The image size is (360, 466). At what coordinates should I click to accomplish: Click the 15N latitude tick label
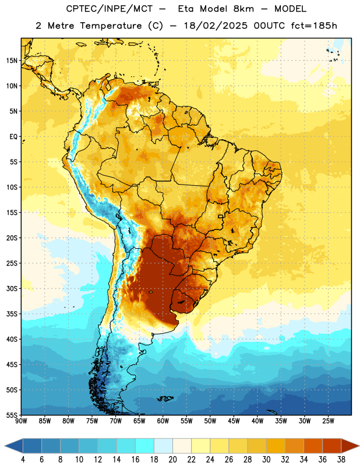pyautogui.click(x=12, y=61)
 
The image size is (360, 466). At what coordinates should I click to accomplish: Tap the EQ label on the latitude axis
pyautogui.click(x=13, y=137)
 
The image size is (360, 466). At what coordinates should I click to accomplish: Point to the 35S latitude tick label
pyautogui.click(x=12, y=314)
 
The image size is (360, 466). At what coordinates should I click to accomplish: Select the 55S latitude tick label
pyautogui.click(x=12, y=415)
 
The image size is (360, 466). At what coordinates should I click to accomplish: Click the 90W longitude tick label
pyautogui.click(x=21, y=421)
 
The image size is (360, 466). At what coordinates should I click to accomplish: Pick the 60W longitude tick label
pyautogui.click(x=163, y=421)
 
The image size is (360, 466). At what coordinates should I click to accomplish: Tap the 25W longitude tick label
pyautogui.click(x=328, y=421)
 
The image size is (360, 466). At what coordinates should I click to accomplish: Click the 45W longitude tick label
pyautogui.click(x=234, y=421)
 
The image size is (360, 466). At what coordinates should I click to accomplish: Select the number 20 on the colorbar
pyautogui.click(x=172, y=460)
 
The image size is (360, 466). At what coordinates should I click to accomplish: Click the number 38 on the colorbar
pyautogui.click(x=341, y=460)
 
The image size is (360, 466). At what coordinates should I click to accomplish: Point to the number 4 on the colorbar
pyautogui.click(x=23, y=460)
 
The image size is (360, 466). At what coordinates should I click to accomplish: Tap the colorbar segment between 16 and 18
pyautogui.click(x=145, y=446)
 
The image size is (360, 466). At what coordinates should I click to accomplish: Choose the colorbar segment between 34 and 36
pyautogui.click(x=313, y=446)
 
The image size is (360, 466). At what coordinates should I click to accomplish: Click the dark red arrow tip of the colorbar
pyautogui.click(x=358, y=446)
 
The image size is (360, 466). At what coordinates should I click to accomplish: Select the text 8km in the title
pyautogui.click(x=243, y=9)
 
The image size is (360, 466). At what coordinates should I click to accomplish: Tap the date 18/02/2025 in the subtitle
pyautogui.click(x=216, y=26)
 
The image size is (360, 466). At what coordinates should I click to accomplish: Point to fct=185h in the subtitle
pyautogui.click(x=314, y=26)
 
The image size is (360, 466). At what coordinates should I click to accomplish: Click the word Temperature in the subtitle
pyautogui.click(x=111, y=26)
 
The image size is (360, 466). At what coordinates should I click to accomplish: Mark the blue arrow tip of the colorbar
pyautogui.click(x=5, y=446)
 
